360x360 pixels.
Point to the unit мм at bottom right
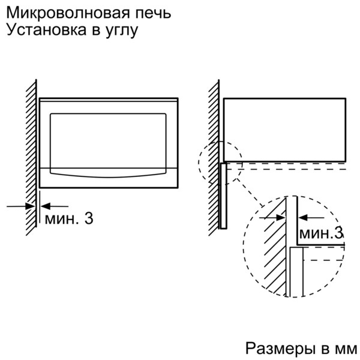345,349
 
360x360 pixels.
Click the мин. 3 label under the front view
69,219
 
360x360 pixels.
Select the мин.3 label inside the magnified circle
321,233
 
